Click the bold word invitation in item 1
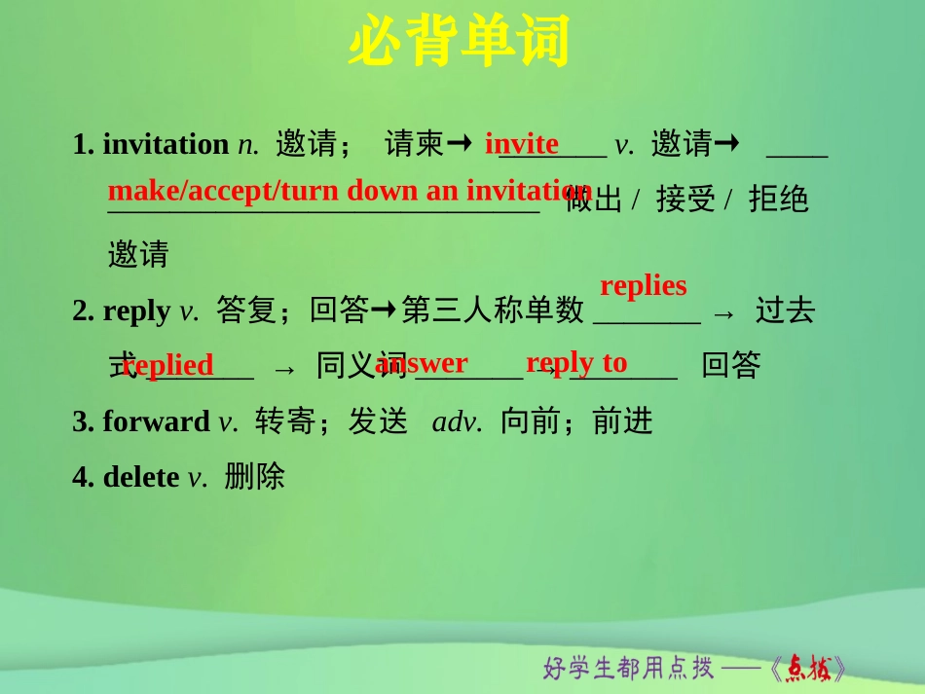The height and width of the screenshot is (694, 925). click(x=166, y=144)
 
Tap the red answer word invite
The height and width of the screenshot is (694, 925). click(x=522, y=144)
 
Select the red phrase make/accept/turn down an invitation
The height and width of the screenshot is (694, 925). click(x=350, y=190)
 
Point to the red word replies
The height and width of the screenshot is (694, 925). click(x=644, y=286)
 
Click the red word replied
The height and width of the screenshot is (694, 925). click(x=168, y=365)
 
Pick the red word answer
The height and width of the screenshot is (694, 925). click(x=422, y=363)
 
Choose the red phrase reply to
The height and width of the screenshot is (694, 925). click(x=576, y=362)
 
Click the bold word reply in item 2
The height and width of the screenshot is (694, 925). click(x=136, y=310)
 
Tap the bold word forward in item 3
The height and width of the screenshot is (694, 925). click(x=156, y=421)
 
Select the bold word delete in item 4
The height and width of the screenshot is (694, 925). click(x=141, y=477)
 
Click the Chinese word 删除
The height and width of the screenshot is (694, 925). click(x=254, y=477)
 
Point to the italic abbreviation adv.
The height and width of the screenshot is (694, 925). click(x=458, y=421)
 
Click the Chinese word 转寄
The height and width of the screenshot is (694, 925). click(x=285, y=421)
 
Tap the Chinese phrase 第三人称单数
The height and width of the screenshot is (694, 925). click(x=493, y=310)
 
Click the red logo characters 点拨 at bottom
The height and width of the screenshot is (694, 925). click(x=808, y=669)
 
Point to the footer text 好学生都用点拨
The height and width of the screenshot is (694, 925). click(x=629, y=669)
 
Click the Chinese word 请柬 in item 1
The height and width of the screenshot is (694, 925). click(x=415, y=144)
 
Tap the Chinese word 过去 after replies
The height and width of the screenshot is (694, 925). click(x=785, y=310)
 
